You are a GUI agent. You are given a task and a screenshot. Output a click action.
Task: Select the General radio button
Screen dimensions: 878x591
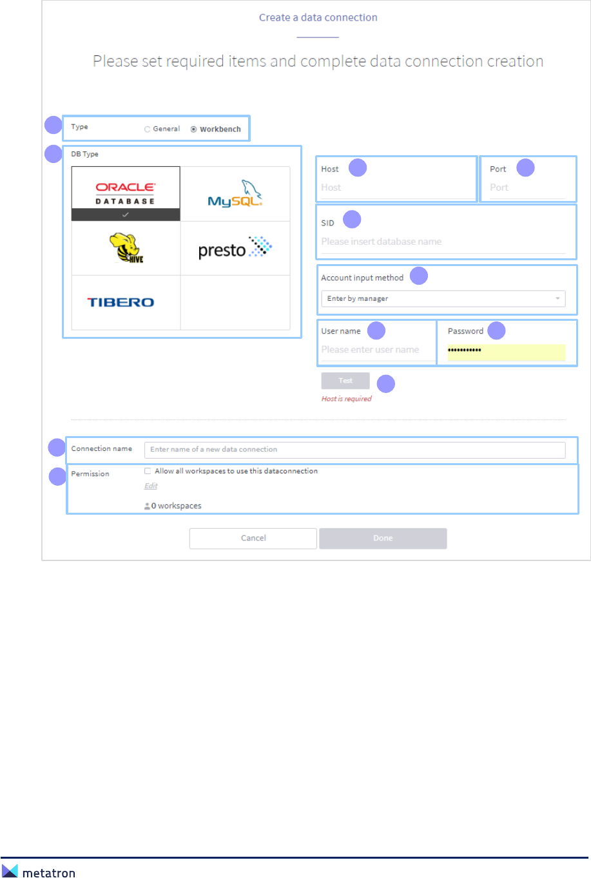coord(148,129)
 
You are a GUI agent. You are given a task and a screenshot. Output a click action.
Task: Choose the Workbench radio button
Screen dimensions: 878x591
coord(194,129)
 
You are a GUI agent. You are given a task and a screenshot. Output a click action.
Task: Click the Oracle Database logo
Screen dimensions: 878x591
coord(126,193)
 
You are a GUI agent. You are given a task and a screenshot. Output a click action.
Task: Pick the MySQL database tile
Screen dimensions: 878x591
coord(235,194)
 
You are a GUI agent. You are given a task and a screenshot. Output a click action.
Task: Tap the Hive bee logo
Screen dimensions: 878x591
coord(126,248)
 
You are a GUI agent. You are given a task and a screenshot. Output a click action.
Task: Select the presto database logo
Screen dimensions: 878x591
coord(235,249)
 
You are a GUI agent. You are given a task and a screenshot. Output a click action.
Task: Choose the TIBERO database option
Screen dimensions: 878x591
coord(121,302)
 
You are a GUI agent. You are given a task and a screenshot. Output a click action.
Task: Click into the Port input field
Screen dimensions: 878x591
coord(526,187)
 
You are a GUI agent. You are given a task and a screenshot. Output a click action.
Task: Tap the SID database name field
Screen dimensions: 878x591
coord(443,242)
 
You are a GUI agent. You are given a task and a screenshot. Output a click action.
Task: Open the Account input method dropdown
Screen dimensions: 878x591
coord(443,299)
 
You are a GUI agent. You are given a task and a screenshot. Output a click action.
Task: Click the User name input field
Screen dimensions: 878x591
coord(376,350)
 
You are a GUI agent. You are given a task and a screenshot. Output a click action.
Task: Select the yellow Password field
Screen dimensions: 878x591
coord(506,352)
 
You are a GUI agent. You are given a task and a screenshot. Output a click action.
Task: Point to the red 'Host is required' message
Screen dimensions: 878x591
coord(347,399)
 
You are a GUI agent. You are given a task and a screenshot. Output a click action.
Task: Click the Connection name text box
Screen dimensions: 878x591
coord(354,450)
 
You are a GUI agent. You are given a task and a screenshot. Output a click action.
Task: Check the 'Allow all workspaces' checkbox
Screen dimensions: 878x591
coord(148,471)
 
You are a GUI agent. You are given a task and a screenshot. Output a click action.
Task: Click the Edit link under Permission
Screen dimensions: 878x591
coord(151,486)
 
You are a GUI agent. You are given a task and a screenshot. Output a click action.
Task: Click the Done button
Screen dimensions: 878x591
coord(383,539)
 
